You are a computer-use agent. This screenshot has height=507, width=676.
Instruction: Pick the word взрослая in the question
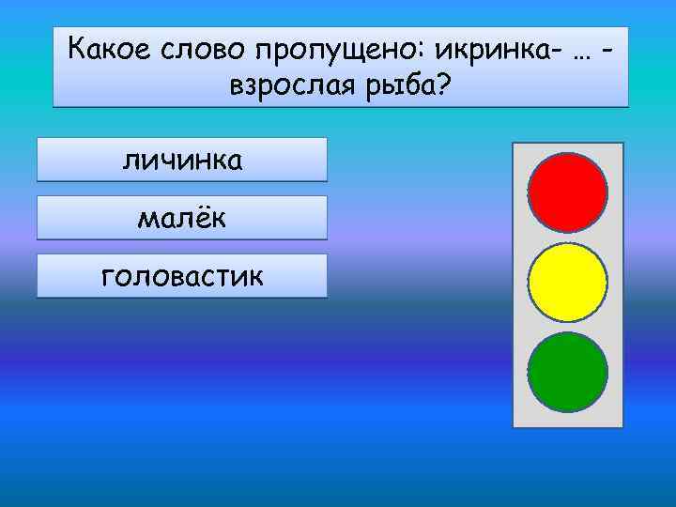[290, 89]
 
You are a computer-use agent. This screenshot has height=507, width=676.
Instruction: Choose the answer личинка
[182, 160]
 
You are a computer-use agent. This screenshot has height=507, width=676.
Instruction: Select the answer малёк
[182, 218]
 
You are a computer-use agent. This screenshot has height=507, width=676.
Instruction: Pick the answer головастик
[182, 276]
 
